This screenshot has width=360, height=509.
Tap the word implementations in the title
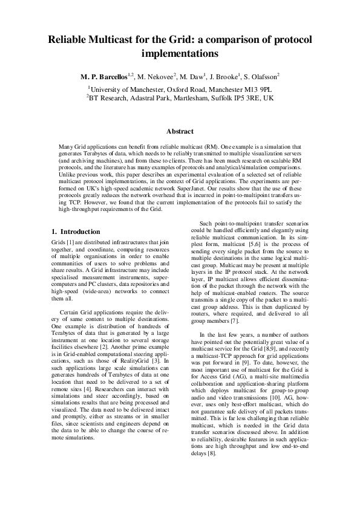tap(179, 53)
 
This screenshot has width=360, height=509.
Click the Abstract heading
tap(180, 131)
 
